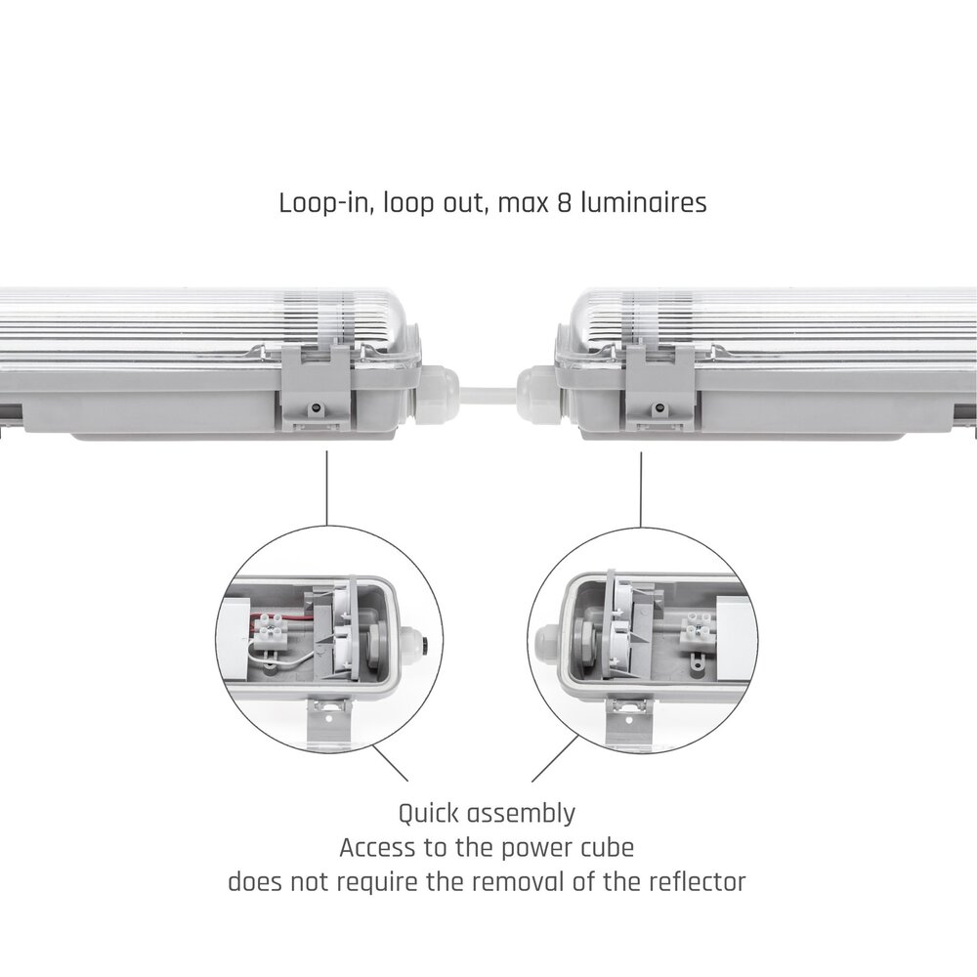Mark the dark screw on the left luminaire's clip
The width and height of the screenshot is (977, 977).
pyautogui.click(x=318, y=408)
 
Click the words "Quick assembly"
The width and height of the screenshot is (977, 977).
pyautogui.click(x=487, y=814)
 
